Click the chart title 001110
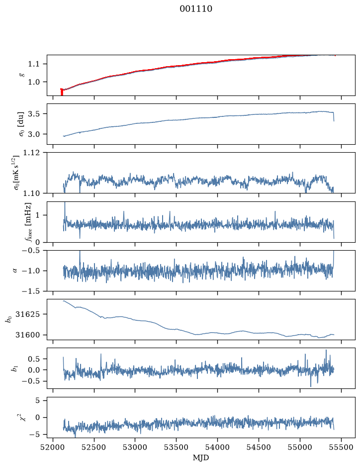click(196, 9)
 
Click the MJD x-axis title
click(201, 458)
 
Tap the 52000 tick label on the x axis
click(53, 447)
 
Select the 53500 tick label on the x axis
click(177, 447)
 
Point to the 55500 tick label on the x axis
click(341, 447)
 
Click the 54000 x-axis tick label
click(217, 447)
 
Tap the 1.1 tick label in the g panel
click(33, 64)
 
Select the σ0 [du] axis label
click(21, 124)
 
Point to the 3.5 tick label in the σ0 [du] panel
click(33, 114)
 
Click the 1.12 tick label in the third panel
click(30, 153)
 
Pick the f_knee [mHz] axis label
click(28, 222)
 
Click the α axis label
click(15, 271)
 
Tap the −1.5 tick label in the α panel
click(30, 291)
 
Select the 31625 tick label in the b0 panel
click(27, 314)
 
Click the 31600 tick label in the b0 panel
click(27, 335)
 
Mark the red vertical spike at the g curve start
click(62, 92)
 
